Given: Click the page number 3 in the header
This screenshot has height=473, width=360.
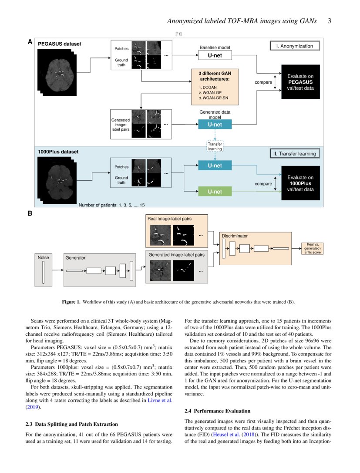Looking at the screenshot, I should coord(330,21).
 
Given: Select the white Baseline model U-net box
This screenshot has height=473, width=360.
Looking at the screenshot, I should coord(215,55).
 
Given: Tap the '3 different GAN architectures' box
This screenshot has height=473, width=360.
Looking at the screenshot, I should coord(215,86).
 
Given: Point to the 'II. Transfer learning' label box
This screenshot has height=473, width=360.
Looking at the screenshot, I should coord(296,153).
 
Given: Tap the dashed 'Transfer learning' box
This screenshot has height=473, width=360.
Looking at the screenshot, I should coord(215,146).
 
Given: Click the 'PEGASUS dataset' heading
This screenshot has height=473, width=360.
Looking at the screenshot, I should coord(59,44).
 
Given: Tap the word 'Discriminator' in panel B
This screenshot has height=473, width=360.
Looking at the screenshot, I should coord(235,236).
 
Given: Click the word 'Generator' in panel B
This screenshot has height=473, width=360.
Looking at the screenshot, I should coord(75,258).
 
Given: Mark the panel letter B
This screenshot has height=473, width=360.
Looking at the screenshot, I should coord(30,214).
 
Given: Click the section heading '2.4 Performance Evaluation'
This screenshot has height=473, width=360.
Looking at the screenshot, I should coord(217,411).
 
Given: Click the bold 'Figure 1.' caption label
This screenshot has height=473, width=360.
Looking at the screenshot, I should coord(72,302).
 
